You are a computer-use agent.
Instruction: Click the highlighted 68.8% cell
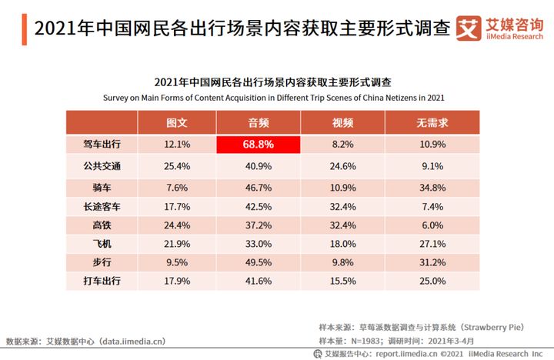(x=258, y=145)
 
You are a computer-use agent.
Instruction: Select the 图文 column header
(x=177, y=123)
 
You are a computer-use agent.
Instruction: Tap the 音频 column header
(x=258, y=123)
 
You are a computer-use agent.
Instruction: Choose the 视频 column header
(x=342, y=123)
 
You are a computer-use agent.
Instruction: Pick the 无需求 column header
(x=432, y=123)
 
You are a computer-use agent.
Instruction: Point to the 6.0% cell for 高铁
(x=432, y=225)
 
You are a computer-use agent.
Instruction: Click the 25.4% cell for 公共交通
(x=177, y=166)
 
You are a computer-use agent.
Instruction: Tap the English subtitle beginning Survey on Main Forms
(x=273, y=98)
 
